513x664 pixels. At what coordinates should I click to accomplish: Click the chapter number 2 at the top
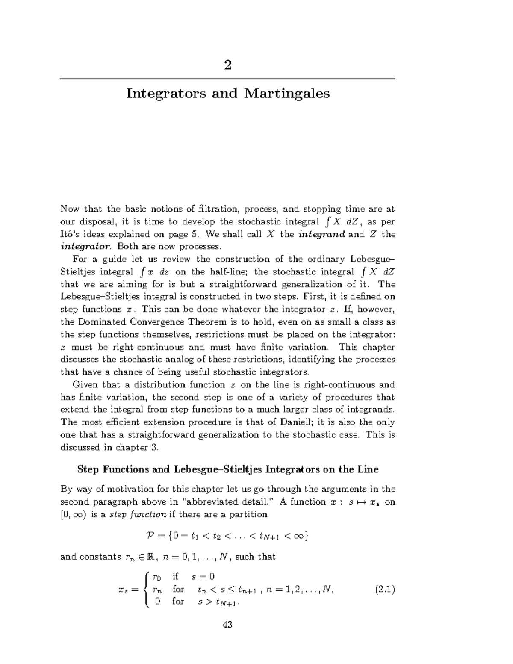[227, 65]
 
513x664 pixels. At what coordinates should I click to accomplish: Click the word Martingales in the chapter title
[287, 93]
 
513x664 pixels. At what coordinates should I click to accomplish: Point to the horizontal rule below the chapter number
[227, 79]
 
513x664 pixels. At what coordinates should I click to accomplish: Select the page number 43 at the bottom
[227, 625]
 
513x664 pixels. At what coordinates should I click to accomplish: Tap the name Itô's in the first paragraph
[71, 234]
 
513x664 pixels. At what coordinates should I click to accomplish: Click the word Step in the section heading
[88, 469]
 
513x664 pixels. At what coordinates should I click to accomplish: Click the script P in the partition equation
[145, 536]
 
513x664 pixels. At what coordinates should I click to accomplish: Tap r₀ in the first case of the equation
[158, 578]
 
